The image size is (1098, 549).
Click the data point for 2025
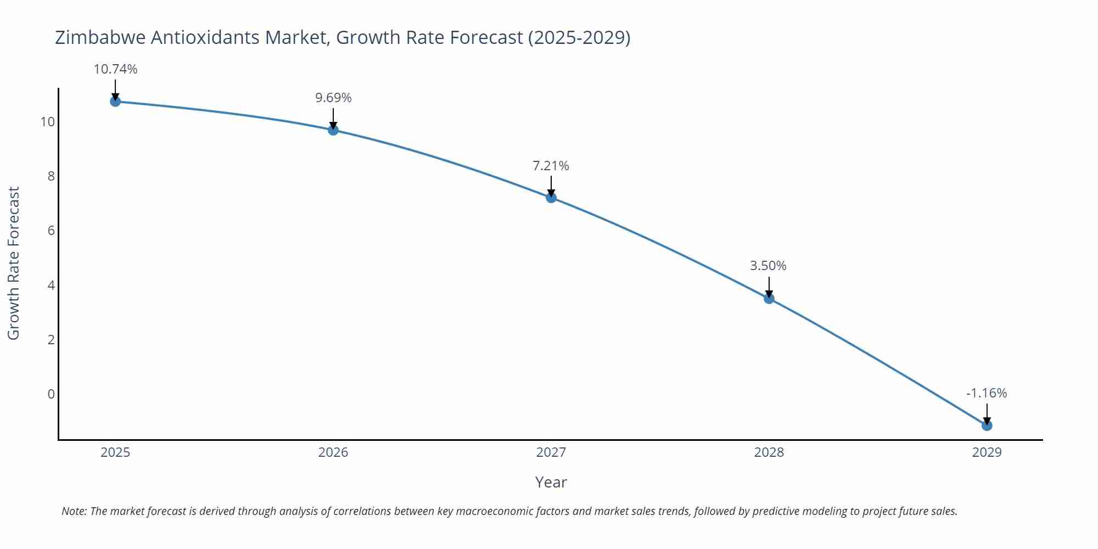click(115, 102)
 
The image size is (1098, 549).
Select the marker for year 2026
click(333, 130)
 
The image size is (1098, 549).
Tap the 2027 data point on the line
click(551, 198)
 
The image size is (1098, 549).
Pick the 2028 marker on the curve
click(769, 299)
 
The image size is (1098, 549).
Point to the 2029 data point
click(987, 425)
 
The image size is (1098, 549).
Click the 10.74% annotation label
click(115, 69)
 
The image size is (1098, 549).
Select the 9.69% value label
click(333, 98)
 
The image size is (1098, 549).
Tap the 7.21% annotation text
click(551, 166)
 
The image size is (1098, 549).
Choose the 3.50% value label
click(768, 266)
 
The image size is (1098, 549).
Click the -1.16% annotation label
click(987, 393)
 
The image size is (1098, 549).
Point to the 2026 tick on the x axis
click(333, 452)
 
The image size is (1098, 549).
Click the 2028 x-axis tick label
click(769, 452)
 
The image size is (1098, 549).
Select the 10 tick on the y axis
click(48, 122)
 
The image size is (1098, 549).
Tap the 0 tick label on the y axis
click(51, 394)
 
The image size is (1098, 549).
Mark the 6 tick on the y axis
click(51, 231)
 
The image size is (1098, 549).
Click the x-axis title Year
click(551, 482)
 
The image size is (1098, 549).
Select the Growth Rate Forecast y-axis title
click(13, 263)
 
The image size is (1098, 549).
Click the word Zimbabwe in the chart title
click(100, 37)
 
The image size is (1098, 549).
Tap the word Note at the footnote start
click(74, 511)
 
